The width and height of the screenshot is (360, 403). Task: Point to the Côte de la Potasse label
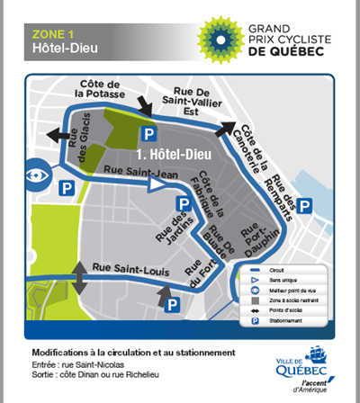coord(100,87)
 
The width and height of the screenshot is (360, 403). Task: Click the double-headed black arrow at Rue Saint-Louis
coord(81,275)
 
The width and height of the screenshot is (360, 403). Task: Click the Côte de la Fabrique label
coord(212,192)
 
